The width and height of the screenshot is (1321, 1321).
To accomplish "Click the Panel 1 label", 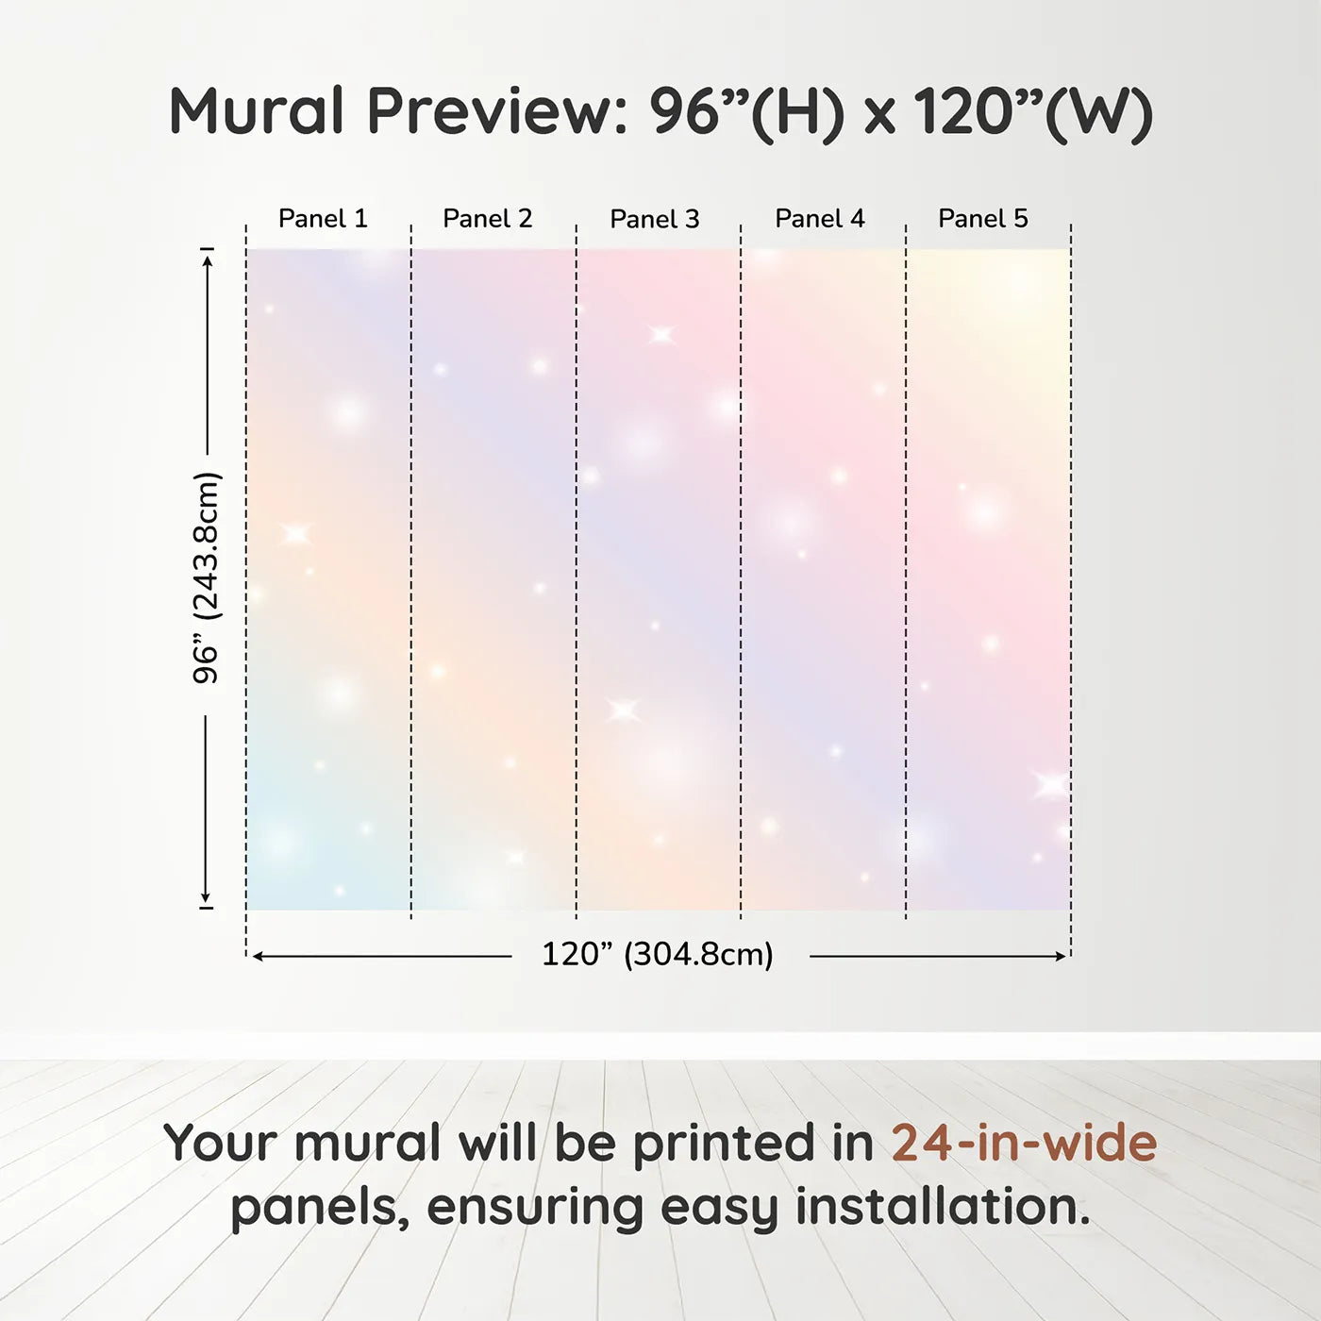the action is (323, 219).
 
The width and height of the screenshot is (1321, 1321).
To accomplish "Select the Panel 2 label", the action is (488, 219).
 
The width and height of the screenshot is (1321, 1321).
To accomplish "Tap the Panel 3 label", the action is (655, 219).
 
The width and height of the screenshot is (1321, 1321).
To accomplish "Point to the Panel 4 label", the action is (820, 219).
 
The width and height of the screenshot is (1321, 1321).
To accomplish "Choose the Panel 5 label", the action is (983, 219).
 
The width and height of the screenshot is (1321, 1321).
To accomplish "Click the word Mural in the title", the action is (257, 110).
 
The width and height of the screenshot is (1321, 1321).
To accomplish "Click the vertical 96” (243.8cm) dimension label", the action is (206, 577).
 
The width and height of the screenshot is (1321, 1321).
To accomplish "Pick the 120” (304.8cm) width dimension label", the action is (658, 954).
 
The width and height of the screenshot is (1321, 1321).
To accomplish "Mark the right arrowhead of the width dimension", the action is (1062, 956).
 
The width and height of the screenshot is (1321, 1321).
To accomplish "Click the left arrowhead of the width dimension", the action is (259, 956).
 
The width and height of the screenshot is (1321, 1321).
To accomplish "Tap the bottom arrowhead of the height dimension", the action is (205, 898).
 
